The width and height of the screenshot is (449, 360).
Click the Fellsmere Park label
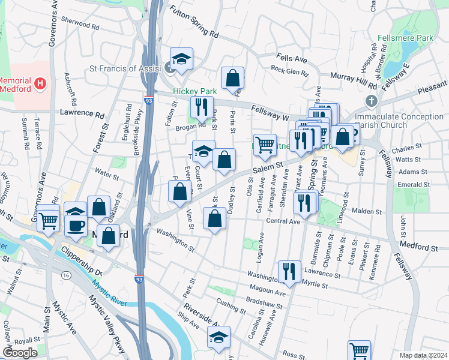point(405,38)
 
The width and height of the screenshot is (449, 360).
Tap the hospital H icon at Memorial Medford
point(40,83)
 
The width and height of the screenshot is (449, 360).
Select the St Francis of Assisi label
point(126,68)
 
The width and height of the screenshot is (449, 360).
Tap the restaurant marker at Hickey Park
point(200,107)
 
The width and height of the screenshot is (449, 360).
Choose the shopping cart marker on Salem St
point(265,145)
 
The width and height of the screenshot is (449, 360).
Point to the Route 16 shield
point(65,274)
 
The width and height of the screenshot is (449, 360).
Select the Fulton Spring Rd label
point(193,23)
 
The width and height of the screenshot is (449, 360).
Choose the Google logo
point(20,353)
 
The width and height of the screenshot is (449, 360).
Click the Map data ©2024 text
point(423,355)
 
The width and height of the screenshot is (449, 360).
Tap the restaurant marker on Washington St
point(289,271)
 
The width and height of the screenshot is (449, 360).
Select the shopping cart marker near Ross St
point(359,350)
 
